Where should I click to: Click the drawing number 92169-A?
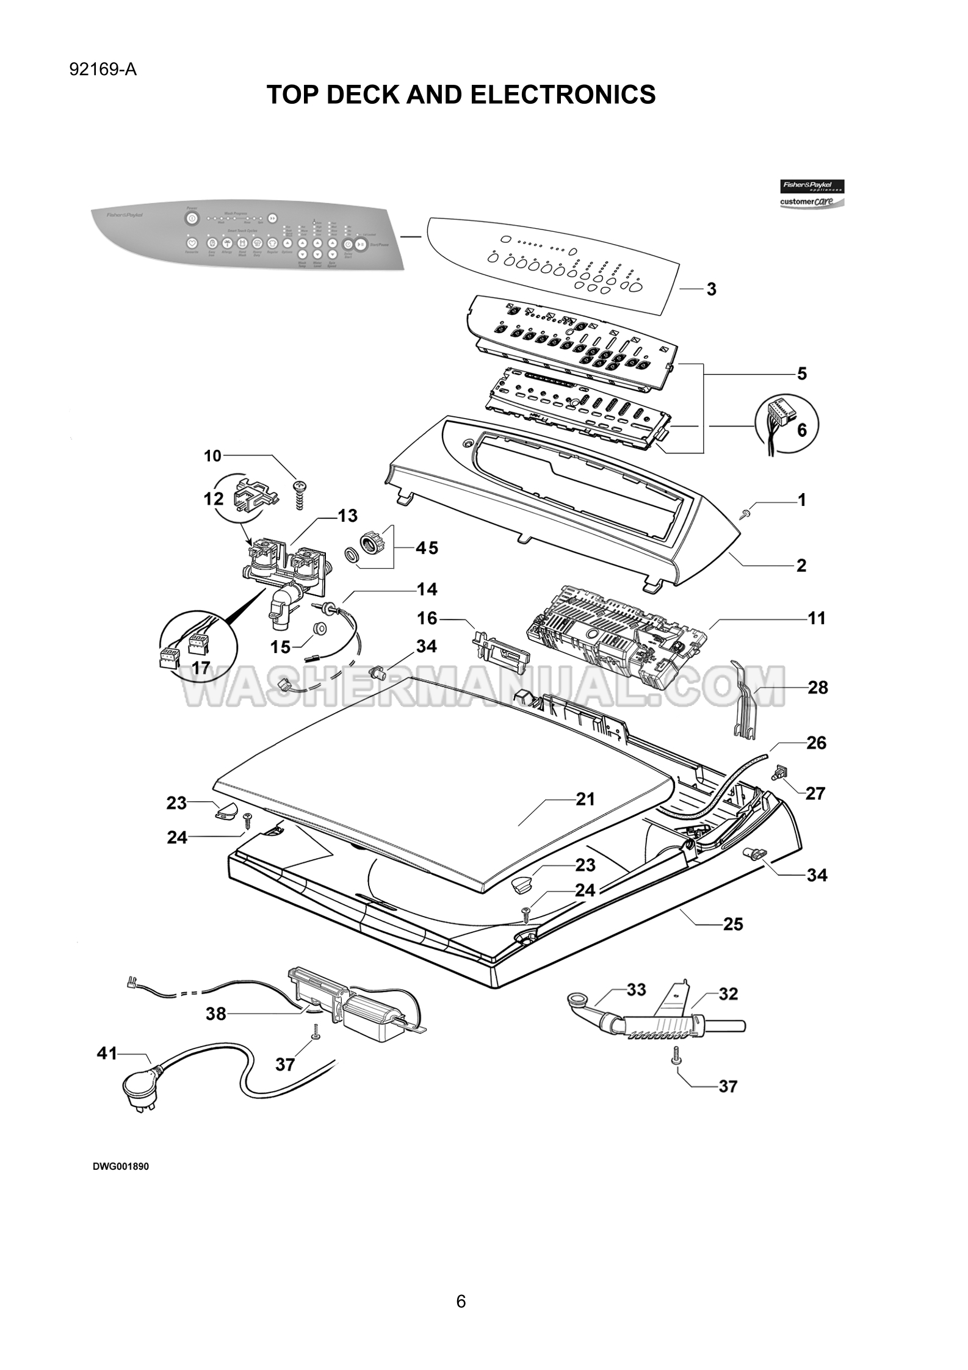(103, 70)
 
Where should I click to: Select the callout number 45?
(427, 548)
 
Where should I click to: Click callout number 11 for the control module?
(816, 618)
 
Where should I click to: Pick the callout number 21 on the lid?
(585, 799)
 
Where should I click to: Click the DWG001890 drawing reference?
(121, 1166)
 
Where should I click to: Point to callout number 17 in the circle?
(201, 668)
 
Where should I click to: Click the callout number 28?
(818, 688)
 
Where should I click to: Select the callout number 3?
(711, 289)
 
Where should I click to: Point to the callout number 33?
(636, 989)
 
